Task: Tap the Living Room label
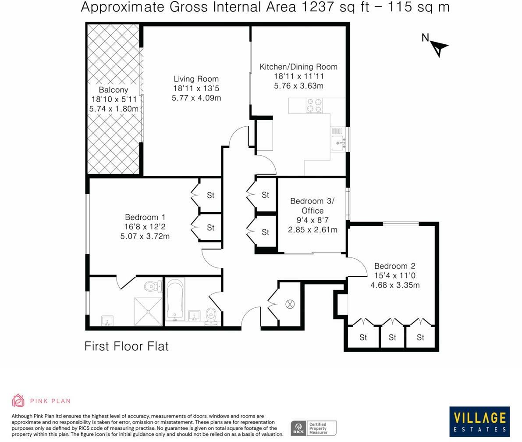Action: click(x=196, y=79)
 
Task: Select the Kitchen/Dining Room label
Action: click(x=298, y=67)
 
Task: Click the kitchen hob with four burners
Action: click(x=313, y=106)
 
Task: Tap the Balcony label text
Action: click(x=114, y=90)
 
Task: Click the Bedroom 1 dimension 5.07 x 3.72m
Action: click(x=145, y=236)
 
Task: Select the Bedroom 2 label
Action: click(x=394, y=266)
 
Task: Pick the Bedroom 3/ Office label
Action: click(x=312, y=206)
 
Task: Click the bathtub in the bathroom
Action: click(x=175, y=300)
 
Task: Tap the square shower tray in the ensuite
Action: click(x=148, y=312)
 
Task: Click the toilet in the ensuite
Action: click(x=150, y=287)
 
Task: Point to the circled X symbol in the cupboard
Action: click(x=290, y=304)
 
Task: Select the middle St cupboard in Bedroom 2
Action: click(x=392, y=337)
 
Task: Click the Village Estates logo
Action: click(x=479, y=422)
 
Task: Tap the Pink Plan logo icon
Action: click(x=18, y=400)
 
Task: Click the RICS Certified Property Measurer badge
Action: click(x=313, y=428)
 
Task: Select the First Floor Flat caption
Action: click(x=126, y=346)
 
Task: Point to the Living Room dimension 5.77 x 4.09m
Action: click(x=196, y=98)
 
